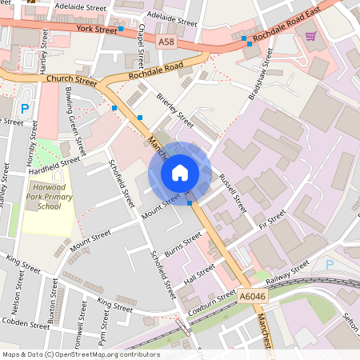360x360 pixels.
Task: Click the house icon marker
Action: [180, 173]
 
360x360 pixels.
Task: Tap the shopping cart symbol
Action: [310, 35]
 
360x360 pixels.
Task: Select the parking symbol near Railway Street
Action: [329, 265]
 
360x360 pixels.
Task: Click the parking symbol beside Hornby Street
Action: [24, 108]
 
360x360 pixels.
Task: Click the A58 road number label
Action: [166, 41]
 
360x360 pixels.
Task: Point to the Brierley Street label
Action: [174, 110]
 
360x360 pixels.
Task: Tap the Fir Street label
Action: [272, 218]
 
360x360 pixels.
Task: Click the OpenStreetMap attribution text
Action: [80, 354]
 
